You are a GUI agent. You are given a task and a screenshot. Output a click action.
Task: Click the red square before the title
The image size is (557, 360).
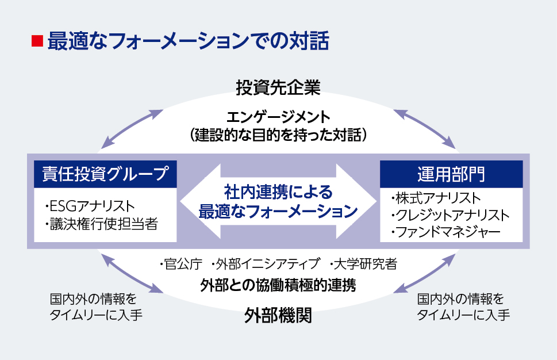(37, 41)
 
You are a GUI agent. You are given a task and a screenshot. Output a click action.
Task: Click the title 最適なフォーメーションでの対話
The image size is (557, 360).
(188, 41)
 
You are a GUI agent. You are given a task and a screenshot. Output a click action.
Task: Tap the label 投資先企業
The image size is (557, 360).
(278, 88)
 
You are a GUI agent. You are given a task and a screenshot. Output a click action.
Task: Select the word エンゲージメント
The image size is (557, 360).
(278, 117)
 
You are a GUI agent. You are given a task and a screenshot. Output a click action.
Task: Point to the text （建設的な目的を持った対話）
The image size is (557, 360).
(278, 135)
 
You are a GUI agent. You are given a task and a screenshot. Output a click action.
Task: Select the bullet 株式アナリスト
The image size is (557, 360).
(435, 198)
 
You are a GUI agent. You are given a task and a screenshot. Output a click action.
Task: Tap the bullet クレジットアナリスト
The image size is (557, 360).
(450, 216)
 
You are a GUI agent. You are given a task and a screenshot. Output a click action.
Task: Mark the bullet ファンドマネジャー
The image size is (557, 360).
(445, 232)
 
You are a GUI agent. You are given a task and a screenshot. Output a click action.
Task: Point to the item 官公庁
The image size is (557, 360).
(180, 265)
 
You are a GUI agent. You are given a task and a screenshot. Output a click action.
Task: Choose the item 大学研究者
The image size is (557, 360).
(363, 265)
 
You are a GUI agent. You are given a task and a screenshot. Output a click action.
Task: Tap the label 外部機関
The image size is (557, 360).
(278, 315)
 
